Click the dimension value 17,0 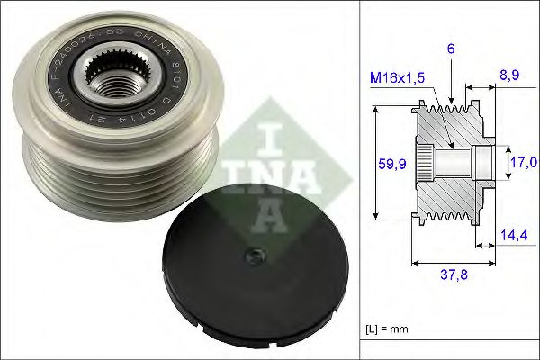click(x=525, y=163)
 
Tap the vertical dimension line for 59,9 click(x=377, y=164)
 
